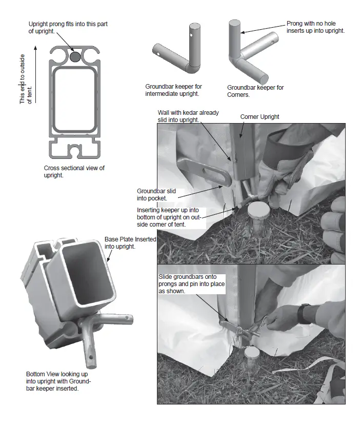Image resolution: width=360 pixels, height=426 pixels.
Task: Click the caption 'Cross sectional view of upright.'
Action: click(74, 171)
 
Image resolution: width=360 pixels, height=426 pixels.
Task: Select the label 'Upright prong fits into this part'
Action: click(68, 28)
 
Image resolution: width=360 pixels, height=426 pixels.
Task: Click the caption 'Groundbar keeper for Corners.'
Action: click(255, 91)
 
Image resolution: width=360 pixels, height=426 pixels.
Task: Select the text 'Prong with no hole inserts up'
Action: click(315, 27)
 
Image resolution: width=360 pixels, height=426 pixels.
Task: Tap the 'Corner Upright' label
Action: click(259, 117)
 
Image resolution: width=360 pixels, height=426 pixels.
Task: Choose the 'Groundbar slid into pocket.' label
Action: click(156, 194)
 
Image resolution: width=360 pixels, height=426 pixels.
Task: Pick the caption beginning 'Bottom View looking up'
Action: click(59, 381)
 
